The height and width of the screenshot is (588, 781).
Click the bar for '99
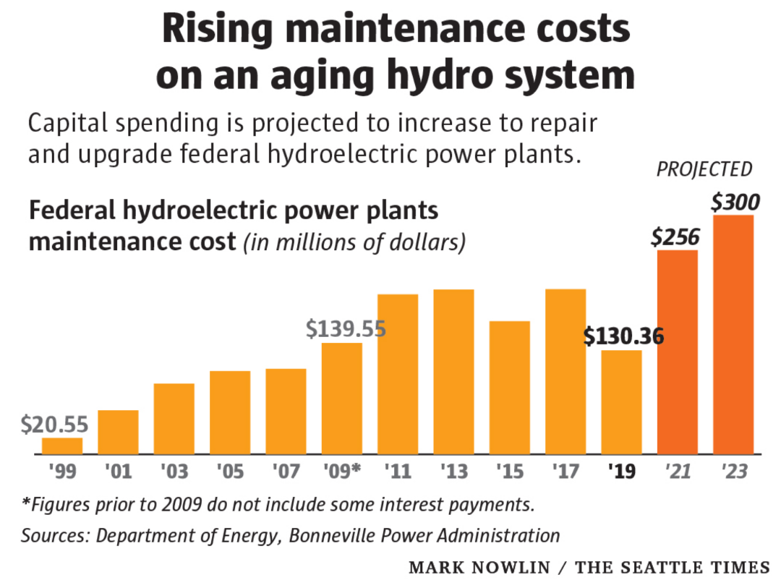62,446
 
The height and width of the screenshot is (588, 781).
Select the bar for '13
453,372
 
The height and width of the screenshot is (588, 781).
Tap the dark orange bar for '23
733,335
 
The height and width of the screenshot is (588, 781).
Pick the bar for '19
621,402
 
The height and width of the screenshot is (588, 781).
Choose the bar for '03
174,419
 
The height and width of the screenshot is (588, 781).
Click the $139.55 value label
345,328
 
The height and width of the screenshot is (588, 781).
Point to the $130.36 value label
623,336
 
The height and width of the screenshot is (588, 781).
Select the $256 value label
677,235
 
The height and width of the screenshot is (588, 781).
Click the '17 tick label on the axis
566,472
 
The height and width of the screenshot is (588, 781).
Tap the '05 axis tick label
230,472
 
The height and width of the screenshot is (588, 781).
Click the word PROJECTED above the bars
704,170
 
